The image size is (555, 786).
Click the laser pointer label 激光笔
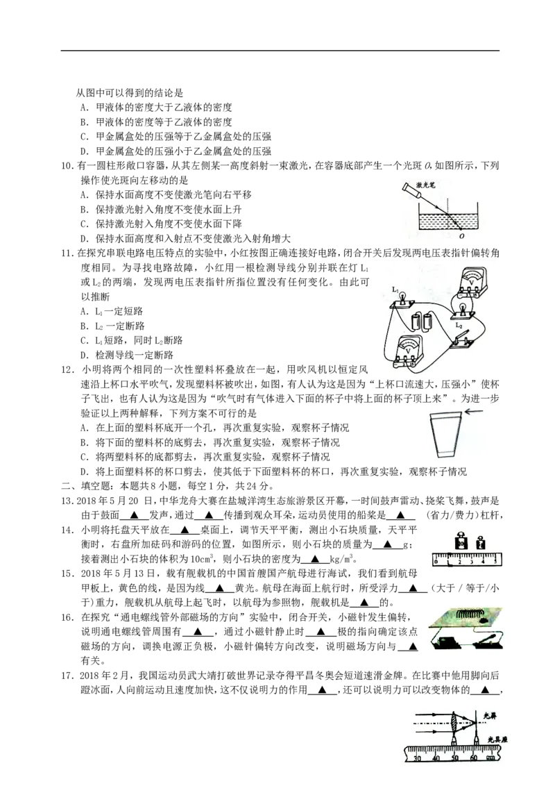point(426,185)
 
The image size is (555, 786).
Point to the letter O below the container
point(461,237)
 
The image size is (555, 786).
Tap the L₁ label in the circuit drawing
point(395,290)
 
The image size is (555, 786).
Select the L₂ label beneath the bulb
point(459,326)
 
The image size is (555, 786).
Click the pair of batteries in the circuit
point(422,321)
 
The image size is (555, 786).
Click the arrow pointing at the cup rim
point(473,412)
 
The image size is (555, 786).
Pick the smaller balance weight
point(481,543)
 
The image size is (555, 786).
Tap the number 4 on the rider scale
point(483,562)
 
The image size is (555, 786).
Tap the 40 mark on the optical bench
point(436,758)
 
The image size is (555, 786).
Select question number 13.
point(68,501)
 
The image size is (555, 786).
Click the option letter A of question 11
point(84,311)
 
